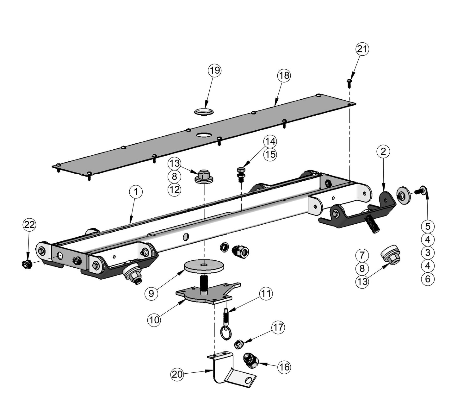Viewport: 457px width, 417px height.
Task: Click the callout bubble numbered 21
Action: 362,49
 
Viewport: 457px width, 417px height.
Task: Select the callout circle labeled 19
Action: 215,70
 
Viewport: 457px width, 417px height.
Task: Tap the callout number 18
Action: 284,75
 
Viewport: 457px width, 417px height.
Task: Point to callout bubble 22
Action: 29,225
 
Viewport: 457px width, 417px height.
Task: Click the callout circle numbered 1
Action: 136,192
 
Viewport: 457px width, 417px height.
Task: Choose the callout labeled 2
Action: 383,152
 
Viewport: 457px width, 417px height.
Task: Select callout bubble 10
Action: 154,320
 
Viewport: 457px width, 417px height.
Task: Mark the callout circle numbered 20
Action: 177,375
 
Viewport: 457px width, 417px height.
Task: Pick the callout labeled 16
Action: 284,367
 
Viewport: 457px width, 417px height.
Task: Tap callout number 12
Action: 174,190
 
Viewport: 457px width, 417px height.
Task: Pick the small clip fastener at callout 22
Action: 25,263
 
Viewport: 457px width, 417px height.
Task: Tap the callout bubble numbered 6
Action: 428,279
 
